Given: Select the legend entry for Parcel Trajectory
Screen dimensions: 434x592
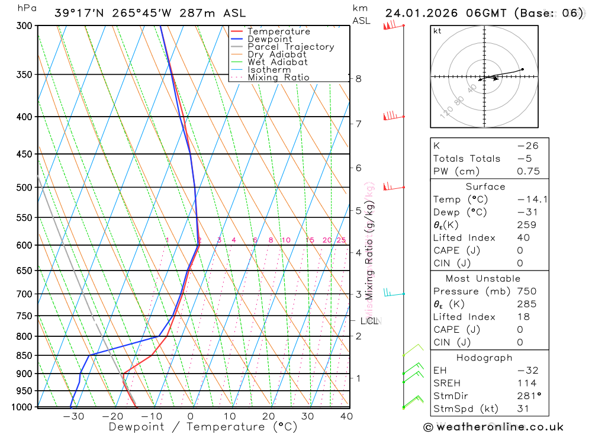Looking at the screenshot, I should coord(291,47).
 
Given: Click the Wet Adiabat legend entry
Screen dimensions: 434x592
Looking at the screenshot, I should coord(278,62).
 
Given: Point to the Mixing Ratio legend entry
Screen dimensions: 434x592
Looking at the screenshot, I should coord(278,78).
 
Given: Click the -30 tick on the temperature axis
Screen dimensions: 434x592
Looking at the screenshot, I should coord(74,417).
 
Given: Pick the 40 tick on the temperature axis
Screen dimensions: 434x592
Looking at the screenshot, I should coord(346,417).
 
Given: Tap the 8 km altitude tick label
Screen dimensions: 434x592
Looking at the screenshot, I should coord(358,79).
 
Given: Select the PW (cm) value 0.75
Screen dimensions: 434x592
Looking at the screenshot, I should coord(528,172).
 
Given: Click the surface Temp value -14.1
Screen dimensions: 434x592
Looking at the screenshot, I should coord(532,200).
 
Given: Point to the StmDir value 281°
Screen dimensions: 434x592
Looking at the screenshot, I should coord(528,396).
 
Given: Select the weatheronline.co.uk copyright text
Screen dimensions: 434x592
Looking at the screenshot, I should coord(493,427).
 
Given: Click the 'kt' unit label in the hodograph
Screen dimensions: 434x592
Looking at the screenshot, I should coord(437,31).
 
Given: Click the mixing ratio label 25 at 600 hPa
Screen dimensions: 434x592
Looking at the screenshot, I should coord(341,240).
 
